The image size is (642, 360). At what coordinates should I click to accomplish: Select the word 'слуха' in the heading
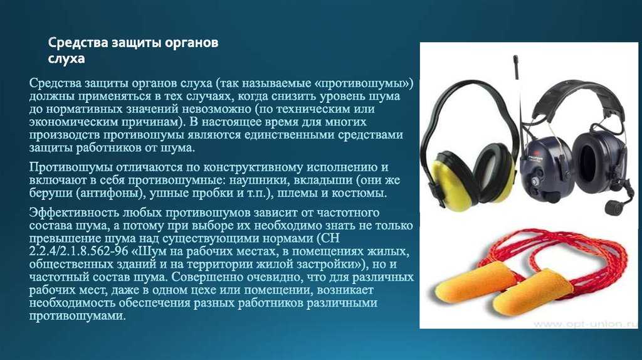coord(66,58)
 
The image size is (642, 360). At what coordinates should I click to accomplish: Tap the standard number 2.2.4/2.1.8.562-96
coord(76,251)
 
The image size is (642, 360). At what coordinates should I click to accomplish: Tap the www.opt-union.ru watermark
coord(585,324)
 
